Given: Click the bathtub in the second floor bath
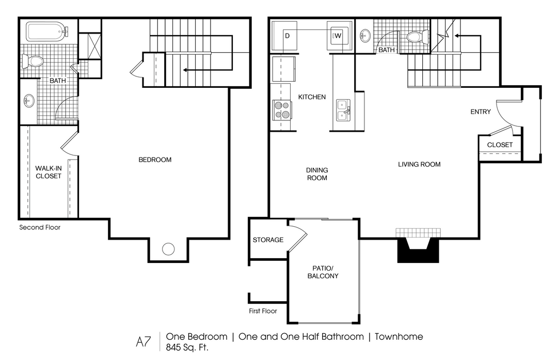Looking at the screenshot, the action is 47,32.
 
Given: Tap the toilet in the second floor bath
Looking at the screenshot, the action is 32,61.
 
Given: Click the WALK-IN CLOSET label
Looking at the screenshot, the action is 49,172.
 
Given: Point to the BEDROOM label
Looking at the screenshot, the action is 155,160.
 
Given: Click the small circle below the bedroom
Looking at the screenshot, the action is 168,249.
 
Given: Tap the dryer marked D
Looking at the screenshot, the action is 284,35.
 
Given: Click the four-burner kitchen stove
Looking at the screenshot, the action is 281,109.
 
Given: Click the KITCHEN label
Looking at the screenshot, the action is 312,97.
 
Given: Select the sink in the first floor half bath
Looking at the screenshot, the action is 364,36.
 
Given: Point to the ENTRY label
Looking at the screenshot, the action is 481,112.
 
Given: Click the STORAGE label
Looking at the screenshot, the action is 268,240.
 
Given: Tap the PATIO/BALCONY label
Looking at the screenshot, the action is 323,272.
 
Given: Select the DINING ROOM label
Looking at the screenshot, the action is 317,174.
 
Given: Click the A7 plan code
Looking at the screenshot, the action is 143,342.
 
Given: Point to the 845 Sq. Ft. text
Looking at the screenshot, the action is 187,347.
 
